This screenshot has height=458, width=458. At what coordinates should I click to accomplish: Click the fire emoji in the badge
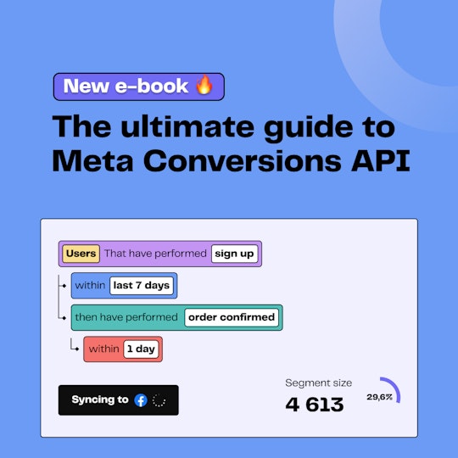coord(204,87)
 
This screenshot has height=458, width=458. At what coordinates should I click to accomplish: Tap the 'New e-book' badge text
coord(127,87)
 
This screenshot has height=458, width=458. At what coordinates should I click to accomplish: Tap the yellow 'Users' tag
coord(81,254)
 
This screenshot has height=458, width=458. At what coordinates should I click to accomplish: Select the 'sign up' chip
coord(235,254)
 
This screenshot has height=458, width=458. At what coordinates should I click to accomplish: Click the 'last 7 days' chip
coord(141,285)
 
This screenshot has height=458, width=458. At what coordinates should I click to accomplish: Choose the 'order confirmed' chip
coord(232,317)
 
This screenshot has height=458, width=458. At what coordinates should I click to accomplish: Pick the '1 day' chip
coord(141,349)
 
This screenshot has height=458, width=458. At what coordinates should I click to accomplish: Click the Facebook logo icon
coord(141,400)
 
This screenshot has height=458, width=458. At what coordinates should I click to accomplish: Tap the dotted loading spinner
coord(159,400)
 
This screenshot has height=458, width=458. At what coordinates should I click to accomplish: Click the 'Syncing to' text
coord(100,400)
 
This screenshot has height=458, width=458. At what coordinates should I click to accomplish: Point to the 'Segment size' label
coord(318,383)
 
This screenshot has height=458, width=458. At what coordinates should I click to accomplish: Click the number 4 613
coord(315,405)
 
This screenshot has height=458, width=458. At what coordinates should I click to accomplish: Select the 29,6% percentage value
coord(379,397)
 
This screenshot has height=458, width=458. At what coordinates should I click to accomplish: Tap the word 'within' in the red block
coord(104,349)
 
